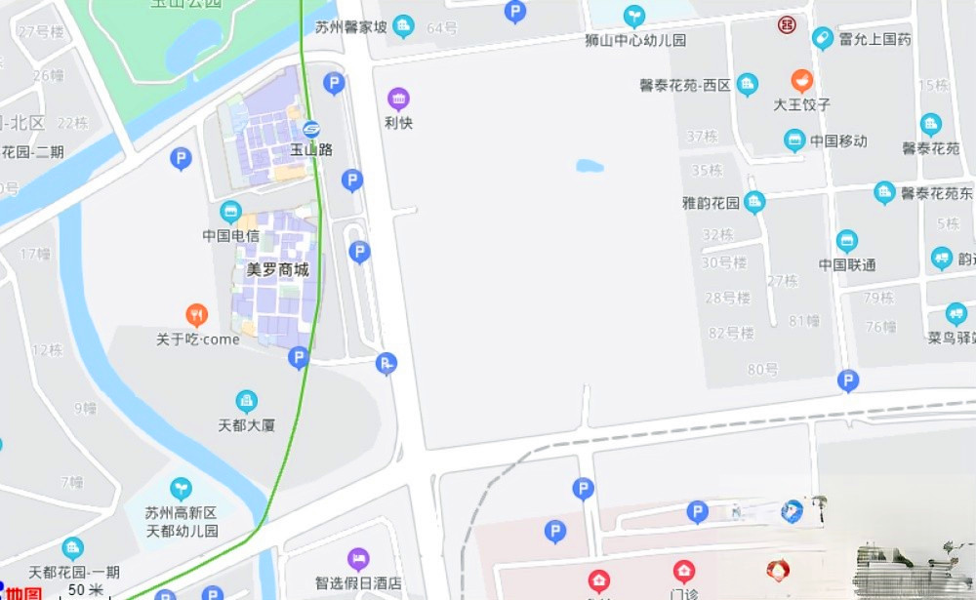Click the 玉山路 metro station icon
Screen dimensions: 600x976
(311, 130)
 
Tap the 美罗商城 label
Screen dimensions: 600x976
(277, 269)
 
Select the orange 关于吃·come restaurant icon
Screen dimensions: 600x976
(197, 315)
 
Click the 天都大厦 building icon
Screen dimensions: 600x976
(247, 401)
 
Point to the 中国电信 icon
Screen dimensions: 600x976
(230, 212)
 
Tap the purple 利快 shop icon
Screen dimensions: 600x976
(398, 99)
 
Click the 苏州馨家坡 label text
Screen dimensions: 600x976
(351, 27)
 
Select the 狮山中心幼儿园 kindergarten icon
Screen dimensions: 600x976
(634, 16)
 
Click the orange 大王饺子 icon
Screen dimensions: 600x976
(802, 81)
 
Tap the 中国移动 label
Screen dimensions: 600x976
(838, 141)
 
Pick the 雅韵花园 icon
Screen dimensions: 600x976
(754, 203)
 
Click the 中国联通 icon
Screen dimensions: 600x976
(847, 240)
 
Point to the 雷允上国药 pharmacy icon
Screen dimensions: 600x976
(823, 39)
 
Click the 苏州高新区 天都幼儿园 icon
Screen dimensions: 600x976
(181, 489)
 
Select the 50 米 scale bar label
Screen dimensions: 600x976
(86, 590)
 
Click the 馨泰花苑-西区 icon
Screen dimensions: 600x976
(748, 85)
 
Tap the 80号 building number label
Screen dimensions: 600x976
(762, 369)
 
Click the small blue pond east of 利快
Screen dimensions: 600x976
(590, 166)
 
